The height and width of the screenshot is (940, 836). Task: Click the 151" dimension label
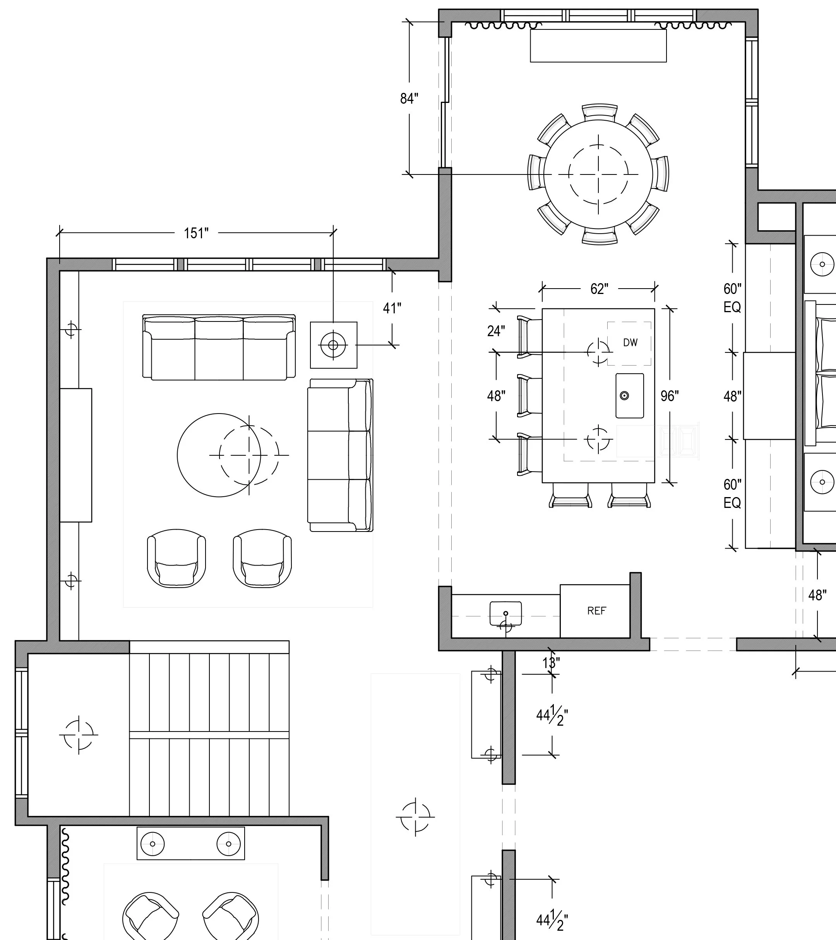(197, 233)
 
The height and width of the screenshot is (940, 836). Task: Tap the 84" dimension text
(409, 98)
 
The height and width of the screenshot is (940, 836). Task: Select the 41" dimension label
(392, 308)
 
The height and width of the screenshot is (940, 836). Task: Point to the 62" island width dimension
(599, 289)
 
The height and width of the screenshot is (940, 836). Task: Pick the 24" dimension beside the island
(496, 331)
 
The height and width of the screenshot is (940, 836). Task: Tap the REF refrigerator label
(597, 611)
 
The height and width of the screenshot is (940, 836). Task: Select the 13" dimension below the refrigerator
(551, 663)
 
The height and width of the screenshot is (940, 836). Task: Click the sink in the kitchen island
(630, 395)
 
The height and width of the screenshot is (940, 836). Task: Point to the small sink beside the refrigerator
(505, 614)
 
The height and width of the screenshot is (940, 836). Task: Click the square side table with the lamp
(334, 345)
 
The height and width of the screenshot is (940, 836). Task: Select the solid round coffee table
(219, 455)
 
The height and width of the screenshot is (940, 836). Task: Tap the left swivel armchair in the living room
(176, 558)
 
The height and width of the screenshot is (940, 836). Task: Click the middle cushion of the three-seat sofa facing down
(219, 348)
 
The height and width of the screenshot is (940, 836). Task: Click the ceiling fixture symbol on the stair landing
(79, 735)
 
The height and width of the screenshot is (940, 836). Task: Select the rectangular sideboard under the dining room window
(598, 46)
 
